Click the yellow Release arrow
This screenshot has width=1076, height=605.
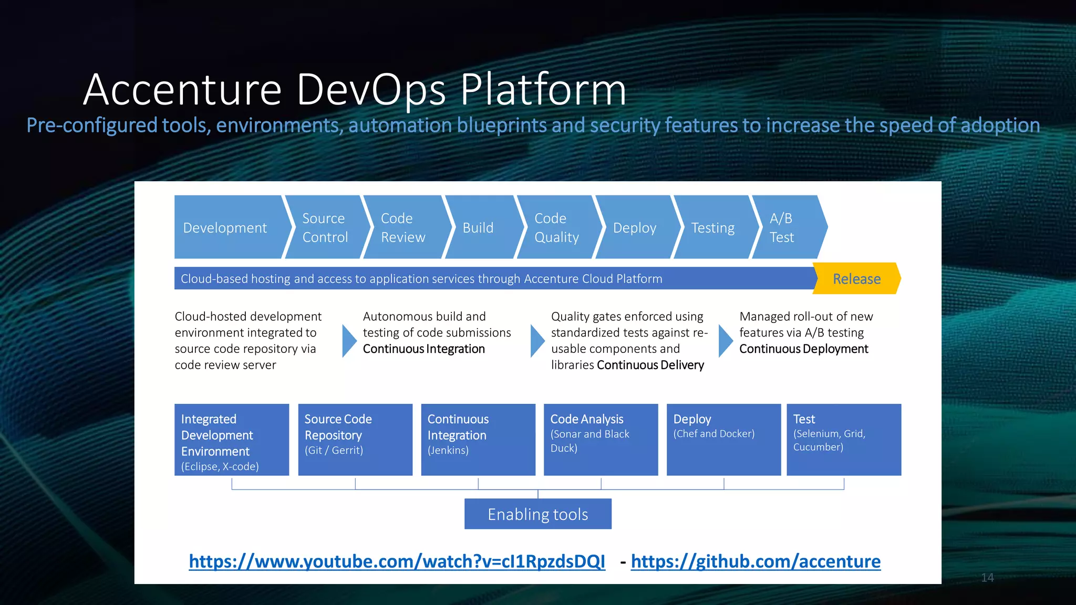[856, 279]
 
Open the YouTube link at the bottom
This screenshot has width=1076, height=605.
[397, 561]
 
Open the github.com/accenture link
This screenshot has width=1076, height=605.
[756, 561]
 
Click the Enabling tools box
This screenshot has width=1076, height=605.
[537, 514]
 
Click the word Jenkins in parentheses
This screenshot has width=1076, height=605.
[448, 451]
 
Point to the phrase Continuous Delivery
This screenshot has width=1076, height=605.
[650, 365]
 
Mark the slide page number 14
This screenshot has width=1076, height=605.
[987, 578]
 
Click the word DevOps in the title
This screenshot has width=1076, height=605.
[371, 89]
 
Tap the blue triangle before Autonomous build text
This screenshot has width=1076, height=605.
[349, 341]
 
